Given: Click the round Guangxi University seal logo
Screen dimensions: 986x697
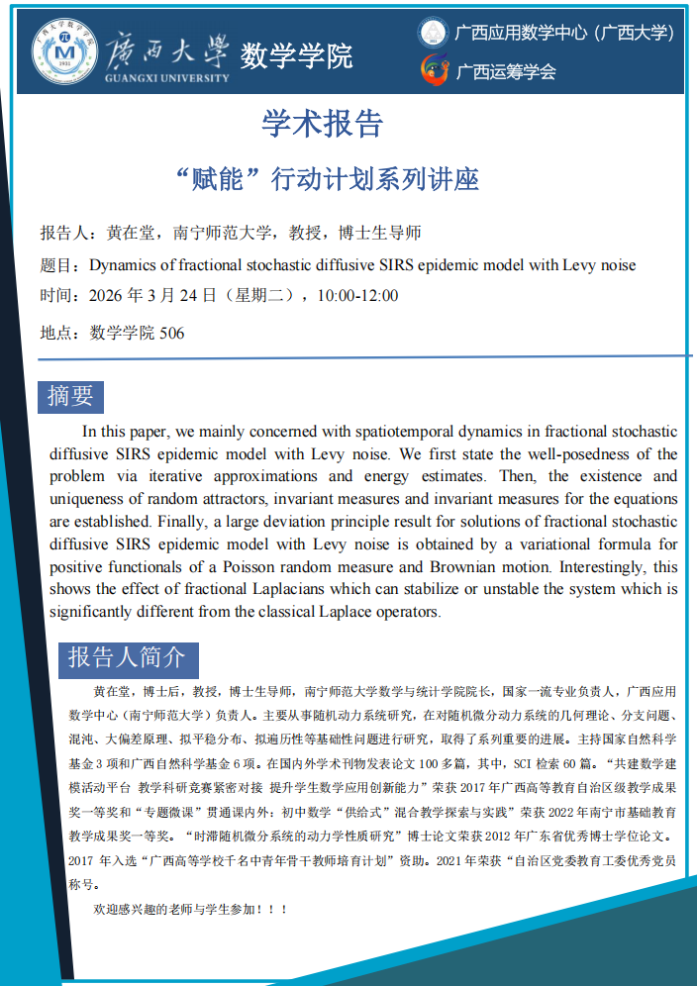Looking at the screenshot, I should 65,49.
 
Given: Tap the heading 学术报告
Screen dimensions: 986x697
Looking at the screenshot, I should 323,123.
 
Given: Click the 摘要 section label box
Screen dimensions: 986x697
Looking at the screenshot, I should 70,396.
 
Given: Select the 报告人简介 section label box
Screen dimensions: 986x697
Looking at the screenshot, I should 126,656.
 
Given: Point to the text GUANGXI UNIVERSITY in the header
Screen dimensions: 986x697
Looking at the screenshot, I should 166,77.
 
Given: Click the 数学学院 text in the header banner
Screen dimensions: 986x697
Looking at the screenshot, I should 296,55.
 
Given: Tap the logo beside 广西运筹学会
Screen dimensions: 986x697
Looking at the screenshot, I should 433,69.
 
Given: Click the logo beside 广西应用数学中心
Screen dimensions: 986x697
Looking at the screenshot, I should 433,33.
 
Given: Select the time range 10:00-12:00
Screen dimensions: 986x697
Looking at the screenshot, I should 357,295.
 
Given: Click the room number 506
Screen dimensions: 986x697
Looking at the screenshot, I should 171,334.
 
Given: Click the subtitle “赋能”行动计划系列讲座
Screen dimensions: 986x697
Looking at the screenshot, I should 326,178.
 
